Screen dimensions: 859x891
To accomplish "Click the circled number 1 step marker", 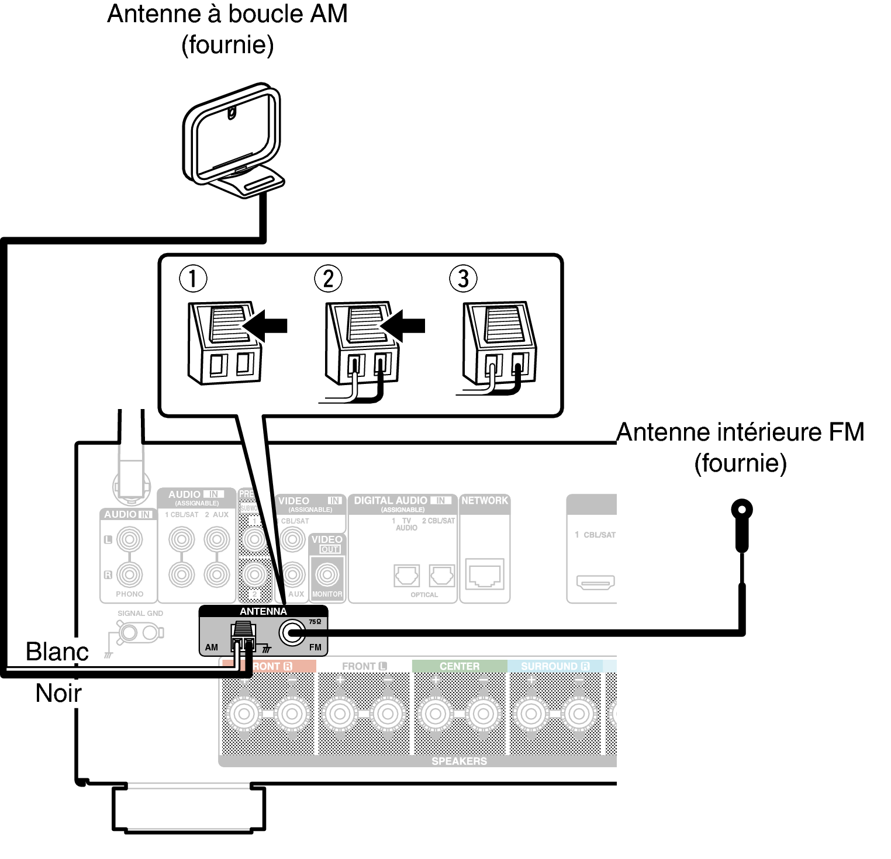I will [193, 279].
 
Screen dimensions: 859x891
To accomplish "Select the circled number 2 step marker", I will [328, 279].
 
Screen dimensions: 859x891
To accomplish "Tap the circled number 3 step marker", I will [463, 279].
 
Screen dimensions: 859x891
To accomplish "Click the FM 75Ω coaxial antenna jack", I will [292, 632].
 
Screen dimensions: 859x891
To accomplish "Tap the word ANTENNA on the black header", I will [263, 611].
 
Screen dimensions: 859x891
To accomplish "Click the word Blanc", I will [57, 651].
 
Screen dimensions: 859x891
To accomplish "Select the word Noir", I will [58, 693].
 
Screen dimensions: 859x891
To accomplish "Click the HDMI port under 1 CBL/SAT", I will [595, 581].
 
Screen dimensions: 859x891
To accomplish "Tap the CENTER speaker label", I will [459, 666].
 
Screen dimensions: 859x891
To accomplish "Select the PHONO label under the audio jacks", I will [129, 594].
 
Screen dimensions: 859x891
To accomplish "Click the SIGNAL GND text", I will [140, 613].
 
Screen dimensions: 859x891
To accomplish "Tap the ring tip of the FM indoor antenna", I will [741, 510].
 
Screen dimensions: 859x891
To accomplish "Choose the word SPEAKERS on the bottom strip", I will [459, 761].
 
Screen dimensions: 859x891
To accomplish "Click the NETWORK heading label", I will [485, 500].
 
